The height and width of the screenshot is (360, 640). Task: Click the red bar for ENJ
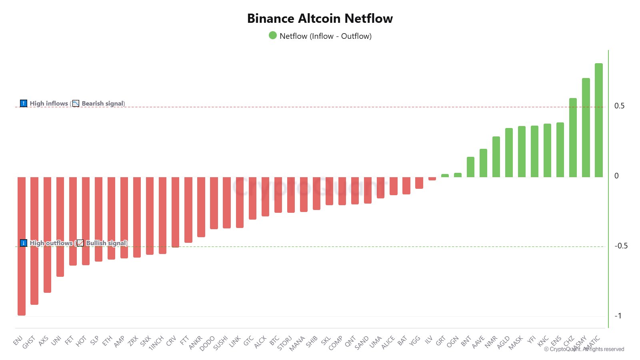click(22, 246)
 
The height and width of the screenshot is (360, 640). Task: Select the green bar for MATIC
click(598, 120)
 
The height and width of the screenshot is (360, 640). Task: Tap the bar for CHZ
click(573, 138)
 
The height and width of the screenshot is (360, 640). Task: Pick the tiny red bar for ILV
click(432, 179)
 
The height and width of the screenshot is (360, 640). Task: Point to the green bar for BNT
click(470, 167)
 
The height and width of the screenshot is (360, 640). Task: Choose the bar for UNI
click(60, 226)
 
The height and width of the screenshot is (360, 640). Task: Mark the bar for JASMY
click(586, 128)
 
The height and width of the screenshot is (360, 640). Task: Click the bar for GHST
click(34, 240)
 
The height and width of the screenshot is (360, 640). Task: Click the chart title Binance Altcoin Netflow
click(320, 18)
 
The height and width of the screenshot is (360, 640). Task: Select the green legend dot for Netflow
click(273, 36)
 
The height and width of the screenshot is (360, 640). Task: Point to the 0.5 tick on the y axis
click(619, 106)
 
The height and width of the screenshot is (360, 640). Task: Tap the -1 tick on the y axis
click(618, 316)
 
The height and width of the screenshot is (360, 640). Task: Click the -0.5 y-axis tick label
click(621, 246)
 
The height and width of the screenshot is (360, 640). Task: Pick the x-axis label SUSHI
click(221, 343)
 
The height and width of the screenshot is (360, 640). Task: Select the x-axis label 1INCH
click(156, 343)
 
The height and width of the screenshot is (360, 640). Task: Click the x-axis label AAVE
click(478, 342)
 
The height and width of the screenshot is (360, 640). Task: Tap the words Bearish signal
click(103, 104)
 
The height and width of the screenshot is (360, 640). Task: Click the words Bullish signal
click(106, 243)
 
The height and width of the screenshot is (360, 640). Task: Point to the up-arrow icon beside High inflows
click(24, 104)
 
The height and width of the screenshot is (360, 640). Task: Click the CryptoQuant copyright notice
click(584, 349)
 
